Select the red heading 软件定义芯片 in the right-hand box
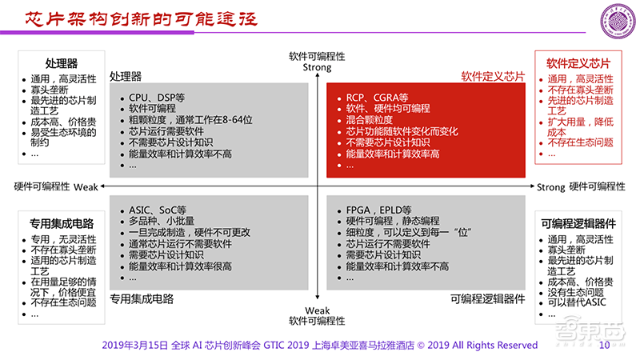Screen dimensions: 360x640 point(578,62)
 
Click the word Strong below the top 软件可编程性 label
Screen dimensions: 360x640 point(317,68)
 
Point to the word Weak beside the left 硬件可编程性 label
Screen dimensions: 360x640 point(85,186)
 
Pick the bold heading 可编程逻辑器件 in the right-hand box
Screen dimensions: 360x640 point(578,223)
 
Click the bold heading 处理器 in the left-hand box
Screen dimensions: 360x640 point(62,62)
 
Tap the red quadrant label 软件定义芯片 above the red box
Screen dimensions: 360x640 point(493,77)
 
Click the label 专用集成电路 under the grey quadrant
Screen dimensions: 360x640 point(142,299)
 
